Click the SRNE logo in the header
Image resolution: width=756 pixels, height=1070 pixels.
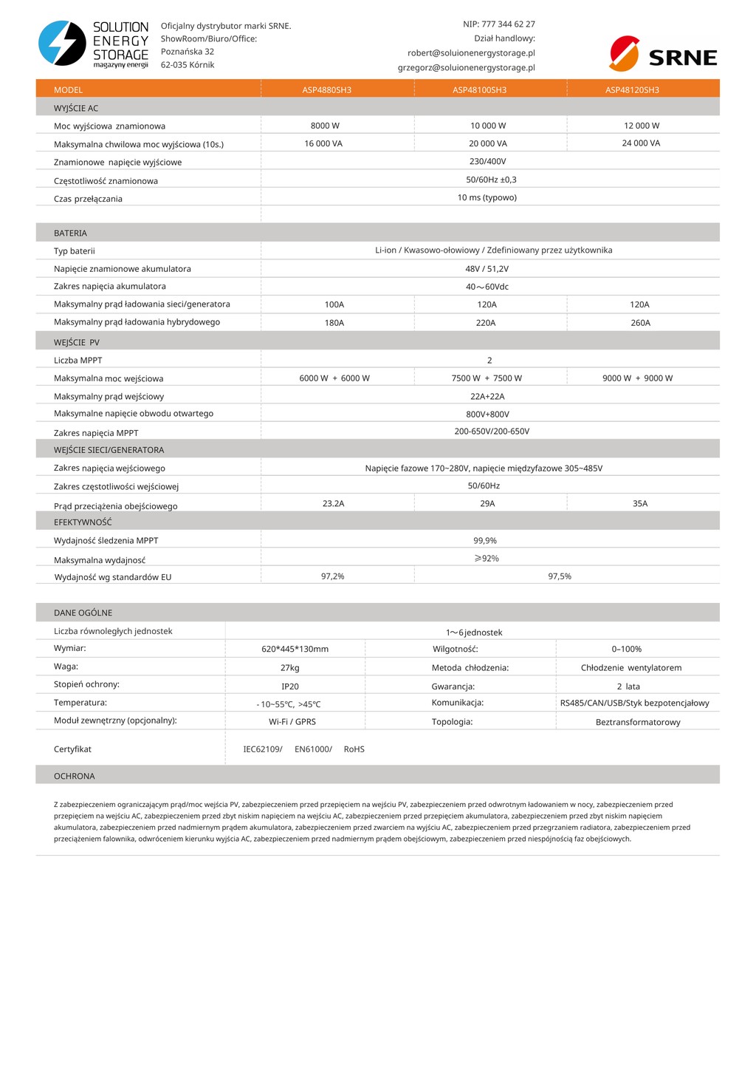click(663, 54)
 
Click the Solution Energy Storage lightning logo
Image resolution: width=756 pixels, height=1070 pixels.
click(62, 44)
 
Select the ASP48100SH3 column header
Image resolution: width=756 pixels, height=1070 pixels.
click(479, 90)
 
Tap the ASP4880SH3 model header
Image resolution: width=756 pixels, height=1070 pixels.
click(326, 90)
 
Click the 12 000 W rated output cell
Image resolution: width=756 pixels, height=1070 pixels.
click(641, 126)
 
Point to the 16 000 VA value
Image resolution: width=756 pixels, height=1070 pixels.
click(323, 143)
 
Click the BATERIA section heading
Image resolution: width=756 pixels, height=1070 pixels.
click(70, 233)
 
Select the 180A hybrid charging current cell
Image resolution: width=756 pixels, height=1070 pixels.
click(334, 323)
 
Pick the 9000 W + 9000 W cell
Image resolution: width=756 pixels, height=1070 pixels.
click(637, 378)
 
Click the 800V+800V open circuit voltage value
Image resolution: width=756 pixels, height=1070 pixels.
click(487, 415)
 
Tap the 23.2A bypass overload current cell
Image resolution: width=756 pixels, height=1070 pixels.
click(333, 504)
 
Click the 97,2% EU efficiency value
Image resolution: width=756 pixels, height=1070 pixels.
click(332, 576)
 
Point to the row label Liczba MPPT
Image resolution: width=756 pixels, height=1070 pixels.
click(78, 361)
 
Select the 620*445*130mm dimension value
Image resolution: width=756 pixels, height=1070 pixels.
click(295, 649)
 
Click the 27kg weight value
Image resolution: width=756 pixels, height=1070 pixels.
click(290, 668)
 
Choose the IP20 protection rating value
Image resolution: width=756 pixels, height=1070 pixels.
click(290, 686)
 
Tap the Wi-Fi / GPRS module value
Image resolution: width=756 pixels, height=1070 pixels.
click(292, 722)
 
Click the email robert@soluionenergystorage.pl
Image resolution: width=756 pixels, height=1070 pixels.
click(471, 53)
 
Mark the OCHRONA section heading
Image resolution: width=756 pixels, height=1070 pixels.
click(75, 776)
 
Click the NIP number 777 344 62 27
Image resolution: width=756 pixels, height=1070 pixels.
click(508, 24)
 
